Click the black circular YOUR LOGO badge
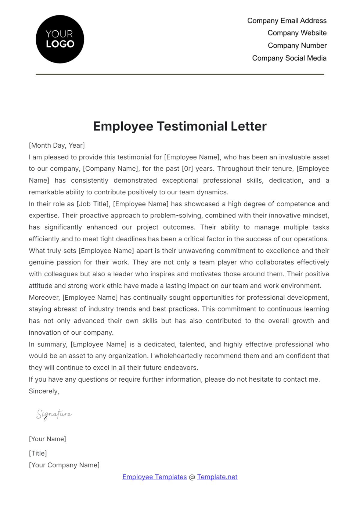(x=60, y=39)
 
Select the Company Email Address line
(x=287, y=21)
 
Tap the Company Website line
(x=297, y=33)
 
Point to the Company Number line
(x=297, y=46)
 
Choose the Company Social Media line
(x=289, y=58)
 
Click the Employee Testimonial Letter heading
(x=180, y=126)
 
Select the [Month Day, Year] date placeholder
(x=57, y=145)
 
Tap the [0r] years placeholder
(x=187, y=169)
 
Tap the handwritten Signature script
(x=54, y=415)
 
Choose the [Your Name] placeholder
(x=47, y=439)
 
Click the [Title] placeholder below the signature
(x=38, y=453)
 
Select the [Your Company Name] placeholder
(x=64, y=465)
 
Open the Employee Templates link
(x=154, y=477)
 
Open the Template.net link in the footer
(x=217, y=477)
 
